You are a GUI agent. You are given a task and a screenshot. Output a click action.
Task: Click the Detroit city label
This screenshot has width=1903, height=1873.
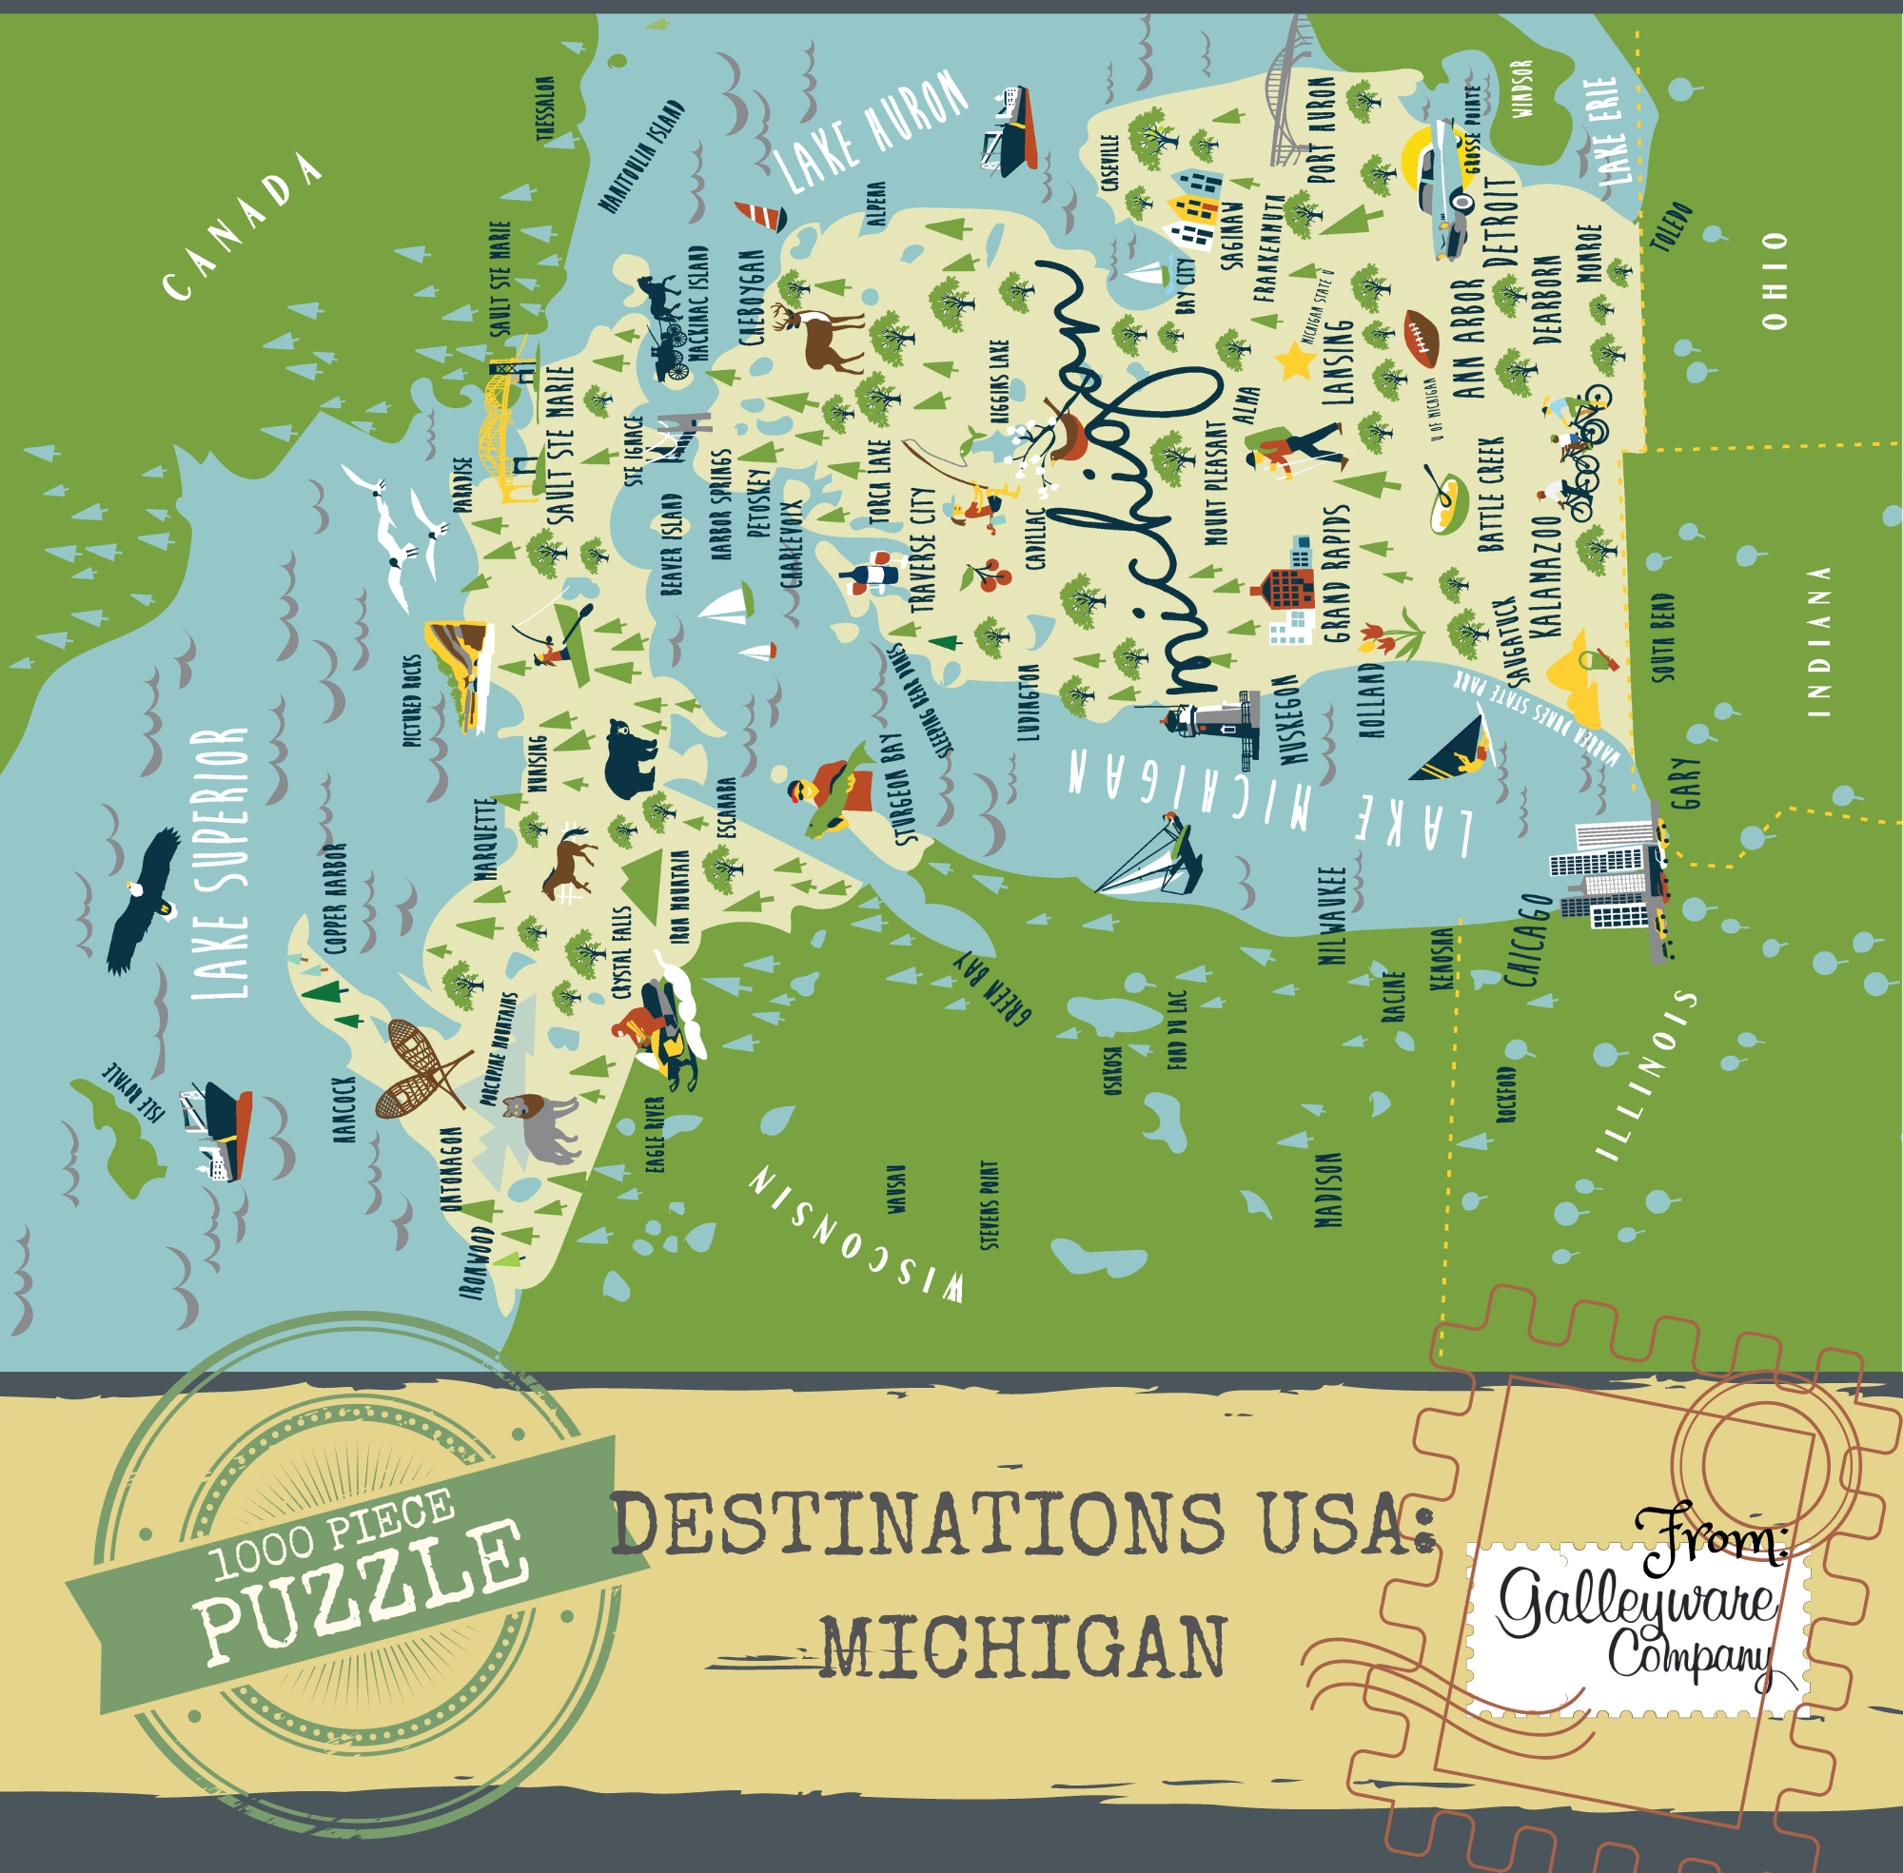[1500, 224]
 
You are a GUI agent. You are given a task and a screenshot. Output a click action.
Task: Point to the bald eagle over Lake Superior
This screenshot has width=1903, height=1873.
[145, 900]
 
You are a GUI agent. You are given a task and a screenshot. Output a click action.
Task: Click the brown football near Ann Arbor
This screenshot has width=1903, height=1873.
[1422, 339]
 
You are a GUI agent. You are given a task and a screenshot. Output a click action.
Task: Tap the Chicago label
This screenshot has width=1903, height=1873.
[1528, 940]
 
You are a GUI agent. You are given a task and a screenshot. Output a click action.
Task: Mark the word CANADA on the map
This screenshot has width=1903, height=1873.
[242, 226]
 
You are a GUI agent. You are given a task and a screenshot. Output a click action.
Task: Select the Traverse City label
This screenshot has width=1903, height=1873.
[923, 550]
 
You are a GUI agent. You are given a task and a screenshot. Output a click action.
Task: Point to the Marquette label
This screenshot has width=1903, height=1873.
[485, 839]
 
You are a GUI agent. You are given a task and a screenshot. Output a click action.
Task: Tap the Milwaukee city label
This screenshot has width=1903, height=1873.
[1330, 915]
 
